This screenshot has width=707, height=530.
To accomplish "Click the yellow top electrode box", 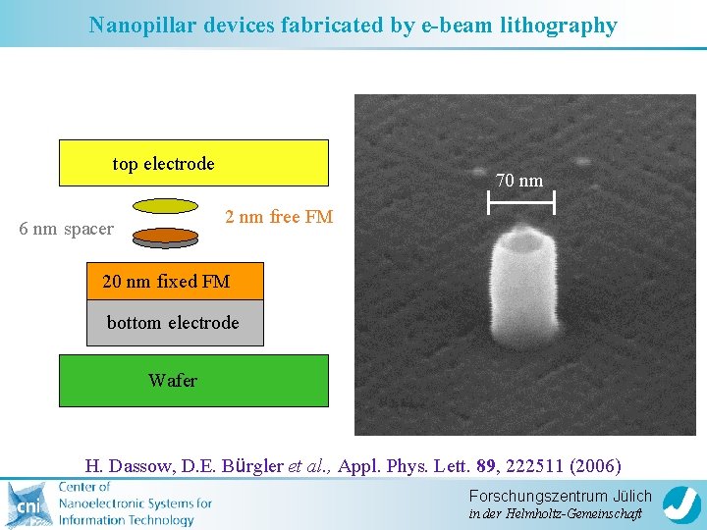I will [193, 163].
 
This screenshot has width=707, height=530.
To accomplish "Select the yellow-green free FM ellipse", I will [165, 207].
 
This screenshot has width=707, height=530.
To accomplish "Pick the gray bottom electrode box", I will [175, 323].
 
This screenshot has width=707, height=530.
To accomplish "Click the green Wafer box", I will [193, 380].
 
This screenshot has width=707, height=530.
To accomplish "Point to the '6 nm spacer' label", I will [67, 230].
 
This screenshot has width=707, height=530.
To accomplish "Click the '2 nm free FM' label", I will [279, 217].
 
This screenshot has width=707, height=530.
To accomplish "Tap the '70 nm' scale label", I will [519, 181].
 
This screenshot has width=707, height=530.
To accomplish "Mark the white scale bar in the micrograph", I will [520, 203].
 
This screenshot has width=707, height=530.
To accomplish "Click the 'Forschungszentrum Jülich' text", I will [560, 497].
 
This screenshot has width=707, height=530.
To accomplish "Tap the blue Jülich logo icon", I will [680, 504].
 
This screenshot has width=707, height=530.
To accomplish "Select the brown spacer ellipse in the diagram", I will [165, 236].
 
